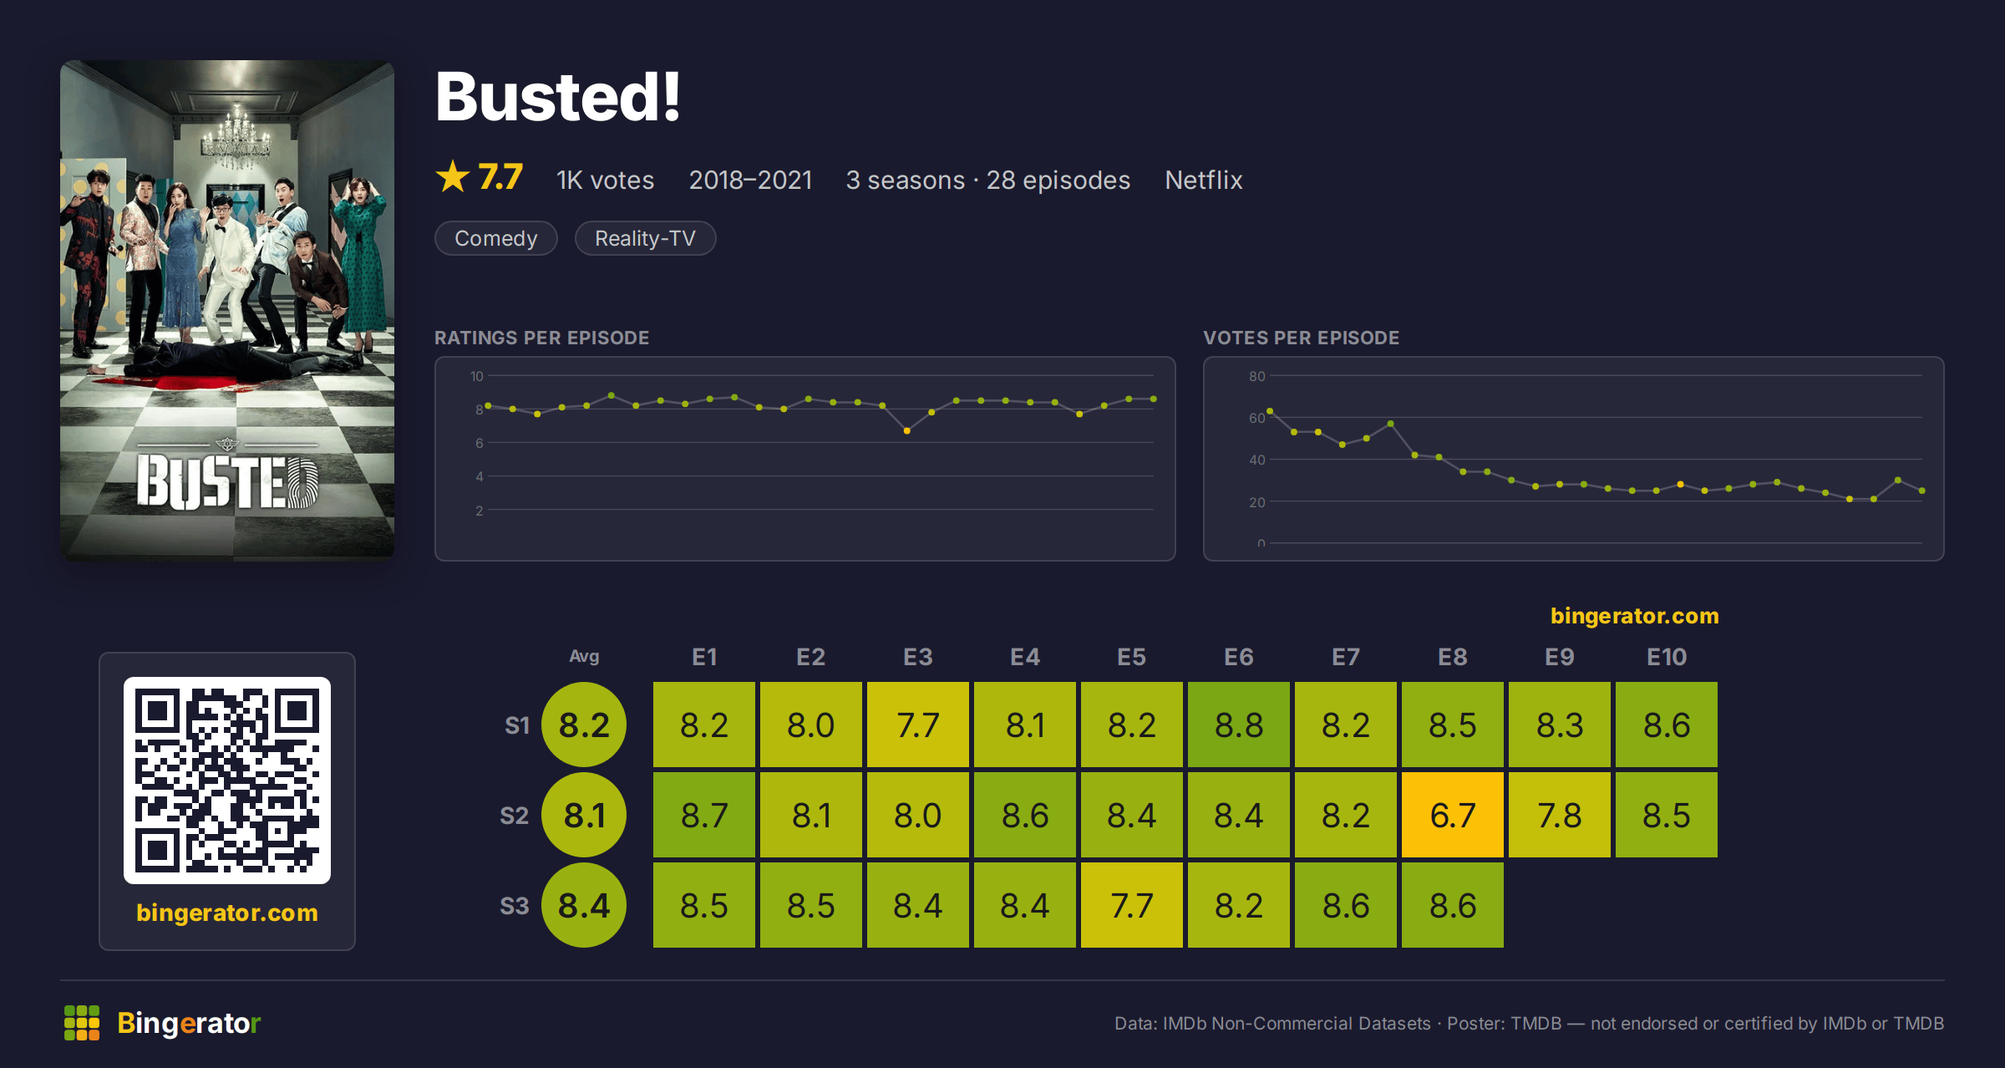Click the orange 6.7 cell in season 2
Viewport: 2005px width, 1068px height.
(x=1453, y=815)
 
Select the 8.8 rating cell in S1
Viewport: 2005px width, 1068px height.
(x=1239, y=725)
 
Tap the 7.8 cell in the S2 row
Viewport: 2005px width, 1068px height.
(x=1560, y=815)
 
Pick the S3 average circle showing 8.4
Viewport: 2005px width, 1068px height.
(x=584, y=905)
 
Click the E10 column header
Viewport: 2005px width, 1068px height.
(x=1667, y=657)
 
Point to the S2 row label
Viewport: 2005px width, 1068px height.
(x=515, y=816)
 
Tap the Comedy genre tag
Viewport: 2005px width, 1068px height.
(x=496, y=238)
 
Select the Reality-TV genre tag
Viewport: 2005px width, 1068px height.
(x=645, y=238)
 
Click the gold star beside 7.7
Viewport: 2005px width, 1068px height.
(x=453, y=176)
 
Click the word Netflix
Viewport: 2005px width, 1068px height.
(x=1204, y=180)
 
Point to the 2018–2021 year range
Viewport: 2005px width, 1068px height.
(x=750, y=180)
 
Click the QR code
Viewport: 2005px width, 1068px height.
(x=227, y=781)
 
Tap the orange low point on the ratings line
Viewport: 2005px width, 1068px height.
(x=907, y=430)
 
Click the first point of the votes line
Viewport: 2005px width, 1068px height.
(x=1270, y=411)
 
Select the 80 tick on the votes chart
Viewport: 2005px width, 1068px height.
(x=1256, y=376)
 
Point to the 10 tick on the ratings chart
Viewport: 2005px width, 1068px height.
(x=477, y=376)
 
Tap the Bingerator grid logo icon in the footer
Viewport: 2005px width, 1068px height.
(x=82, y=1023)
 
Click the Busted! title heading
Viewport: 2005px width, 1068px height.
(x=558, y=97)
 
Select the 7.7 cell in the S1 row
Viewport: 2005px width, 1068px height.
(x=918, y=725)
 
